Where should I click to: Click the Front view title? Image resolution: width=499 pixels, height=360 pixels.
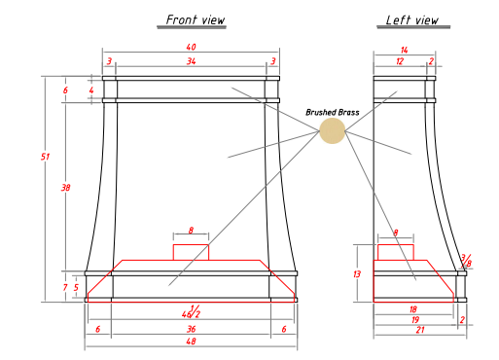(x=196, y=19)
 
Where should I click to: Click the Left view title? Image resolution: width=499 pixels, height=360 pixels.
(x=412, y=20)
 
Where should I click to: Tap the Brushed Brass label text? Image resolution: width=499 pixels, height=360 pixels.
(x=333, y=113)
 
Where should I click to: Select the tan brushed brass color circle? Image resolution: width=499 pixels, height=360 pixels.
(x=333, y=130)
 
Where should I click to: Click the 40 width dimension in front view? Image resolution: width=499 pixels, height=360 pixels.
(x=191, y=47)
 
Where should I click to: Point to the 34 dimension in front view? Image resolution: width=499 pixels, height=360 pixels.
(x=191, y=61)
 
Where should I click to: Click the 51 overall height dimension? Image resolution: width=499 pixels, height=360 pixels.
(x=45, y=157)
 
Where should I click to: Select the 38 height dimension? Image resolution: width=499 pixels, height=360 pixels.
(x=65, y=188)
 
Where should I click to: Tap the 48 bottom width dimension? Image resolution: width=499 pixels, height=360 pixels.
(x=191, y=342)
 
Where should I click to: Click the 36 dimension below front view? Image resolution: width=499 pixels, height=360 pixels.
(x=191, y=329)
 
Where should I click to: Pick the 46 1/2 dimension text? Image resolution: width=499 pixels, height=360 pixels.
(x=191, y=311)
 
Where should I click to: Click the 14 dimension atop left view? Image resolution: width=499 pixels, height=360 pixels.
(x=404, y=51)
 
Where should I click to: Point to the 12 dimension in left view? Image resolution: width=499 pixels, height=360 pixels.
(x=400, y=61)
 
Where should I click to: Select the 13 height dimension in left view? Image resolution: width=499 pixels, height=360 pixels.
(x=357, y=274)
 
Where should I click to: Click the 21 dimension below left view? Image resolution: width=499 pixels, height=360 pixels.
(x=420, y=330)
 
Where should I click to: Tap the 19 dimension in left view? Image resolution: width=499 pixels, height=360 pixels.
(x=415, y=320)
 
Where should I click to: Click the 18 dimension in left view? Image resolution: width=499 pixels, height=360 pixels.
(x=412, y=309)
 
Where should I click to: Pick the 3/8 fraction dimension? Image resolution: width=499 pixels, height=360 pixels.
(x=466, y=261)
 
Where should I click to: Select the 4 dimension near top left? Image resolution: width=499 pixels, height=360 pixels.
(x=91, y=90)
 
